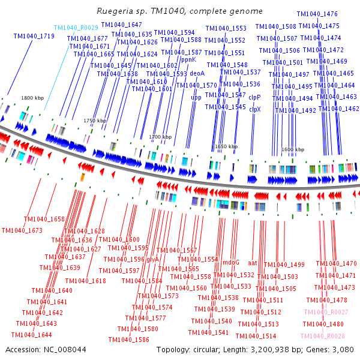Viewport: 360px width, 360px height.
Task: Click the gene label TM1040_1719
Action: tap(34, 37)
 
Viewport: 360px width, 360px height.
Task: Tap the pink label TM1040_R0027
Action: tap(326, 312)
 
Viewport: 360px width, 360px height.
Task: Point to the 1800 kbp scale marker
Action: tap(32, 97)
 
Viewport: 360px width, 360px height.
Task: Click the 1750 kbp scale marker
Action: tap(94, 121)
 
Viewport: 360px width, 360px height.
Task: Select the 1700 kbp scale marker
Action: tap(160, 137)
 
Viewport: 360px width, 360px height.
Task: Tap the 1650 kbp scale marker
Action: tap(226, 146)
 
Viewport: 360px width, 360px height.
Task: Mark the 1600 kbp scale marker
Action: tap(292, 149)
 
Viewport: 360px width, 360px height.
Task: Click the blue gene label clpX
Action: tap(255, 109)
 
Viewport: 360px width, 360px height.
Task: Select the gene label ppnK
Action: tap(188, 59)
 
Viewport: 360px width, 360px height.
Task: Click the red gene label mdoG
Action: tap(231, 262)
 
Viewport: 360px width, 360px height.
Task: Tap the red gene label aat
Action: tap(253, 262)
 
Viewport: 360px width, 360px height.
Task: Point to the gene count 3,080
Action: tap(343, 349)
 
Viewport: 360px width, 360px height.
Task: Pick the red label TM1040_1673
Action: tap(22, 230)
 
